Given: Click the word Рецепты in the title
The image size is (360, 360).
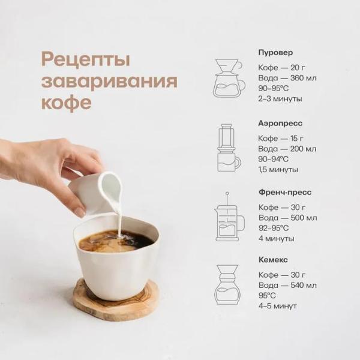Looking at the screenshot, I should (x=86, y=61).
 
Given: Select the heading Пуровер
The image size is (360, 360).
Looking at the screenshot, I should (x=275, y=52).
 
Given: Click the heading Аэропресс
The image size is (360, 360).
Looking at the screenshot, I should (x=280, y=123).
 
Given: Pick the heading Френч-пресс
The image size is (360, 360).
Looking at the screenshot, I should (x=283, y=193).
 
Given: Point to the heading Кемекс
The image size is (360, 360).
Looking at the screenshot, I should (x=273, y=260).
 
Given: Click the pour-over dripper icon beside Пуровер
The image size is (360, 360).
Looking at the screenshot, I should (x=229, y=77).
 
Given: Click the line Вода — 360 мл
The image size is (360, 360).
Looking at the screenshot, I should (x=287, y=78).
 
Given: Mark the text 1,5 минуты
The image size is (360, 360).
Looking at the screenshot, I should (x=278, y=170).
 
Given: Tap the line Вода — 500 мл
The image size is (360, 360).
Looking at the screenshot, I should (x=287, y=217).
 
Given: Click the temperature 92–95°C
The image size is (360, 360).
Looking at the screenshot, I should (x=274, y=228).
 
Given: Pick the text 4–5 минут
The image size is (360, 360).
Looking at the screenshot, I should (x=277, y=306).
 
